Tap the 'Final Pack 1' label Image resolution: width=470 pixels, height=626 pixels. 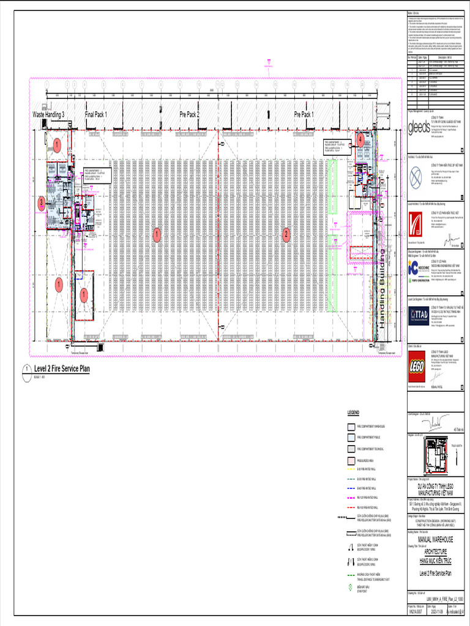(96, 114)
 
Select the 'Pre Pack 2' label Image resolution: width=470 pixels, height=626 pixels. (189, 114)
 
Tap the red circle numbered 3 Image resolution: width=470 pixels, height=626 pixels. (42, 203)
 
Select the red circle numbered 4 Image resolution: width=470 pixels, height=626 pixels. (360, 139)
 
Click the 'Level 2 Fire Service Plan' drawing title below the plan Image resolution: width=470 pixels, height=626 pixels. (62, 369)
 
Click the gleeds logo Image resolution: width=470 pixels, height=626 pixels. (419, 127)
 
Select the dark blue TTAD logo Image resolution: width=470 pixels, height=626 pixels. (419, 314)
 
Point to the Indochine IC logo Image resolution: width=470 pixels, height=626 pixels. (419, 267)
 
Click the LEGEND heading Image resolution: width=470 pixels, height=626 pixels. (356, 413)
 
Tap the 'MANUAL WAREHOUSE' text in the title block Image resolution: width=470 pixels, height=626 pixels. (436, 540)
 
